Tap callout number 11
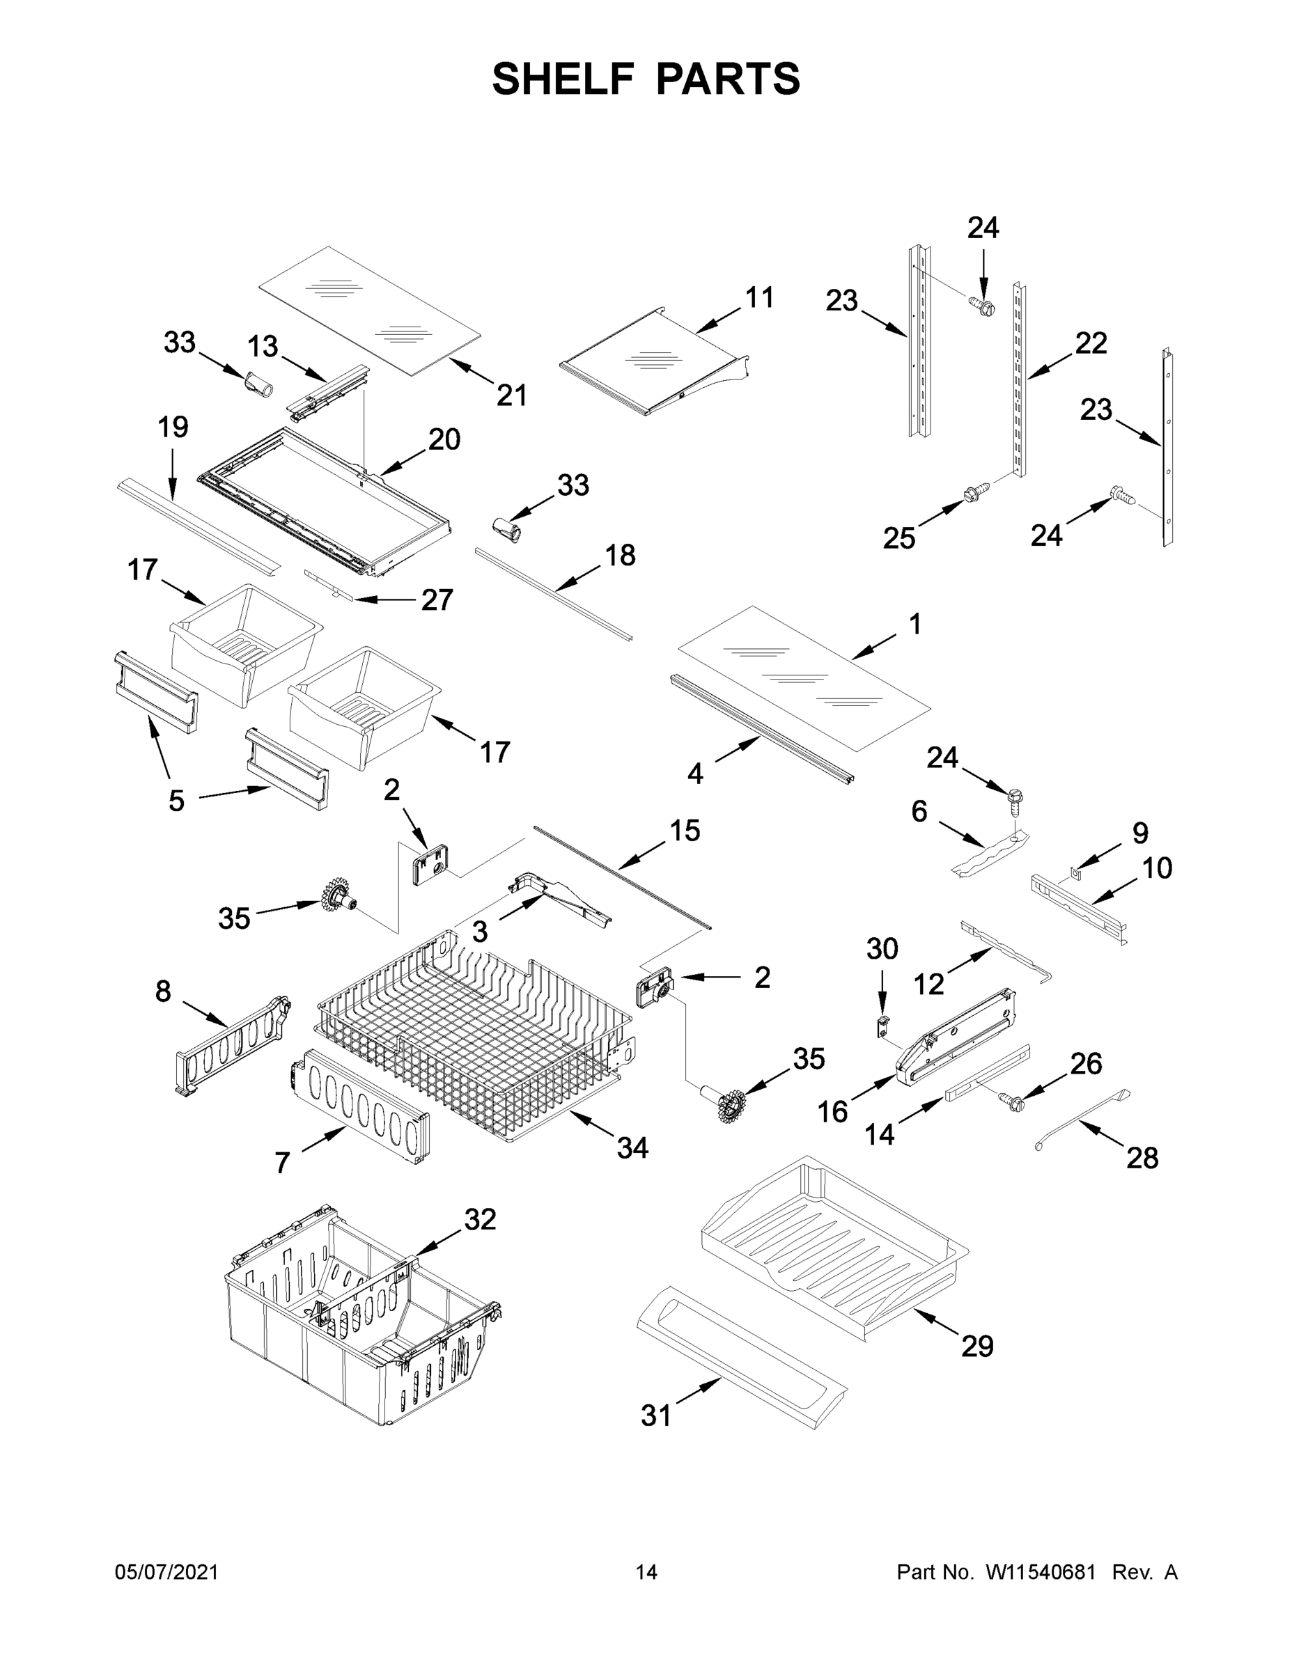759,297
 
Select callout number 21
512,395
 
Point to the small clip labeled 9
1076,871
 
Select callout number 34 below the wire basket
632,1147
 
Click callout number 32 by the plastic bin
480,1219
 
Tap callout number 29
976,1346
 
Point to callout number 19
173,427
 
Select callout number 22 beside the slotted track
1091,343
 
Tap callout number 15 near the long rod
684,830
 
